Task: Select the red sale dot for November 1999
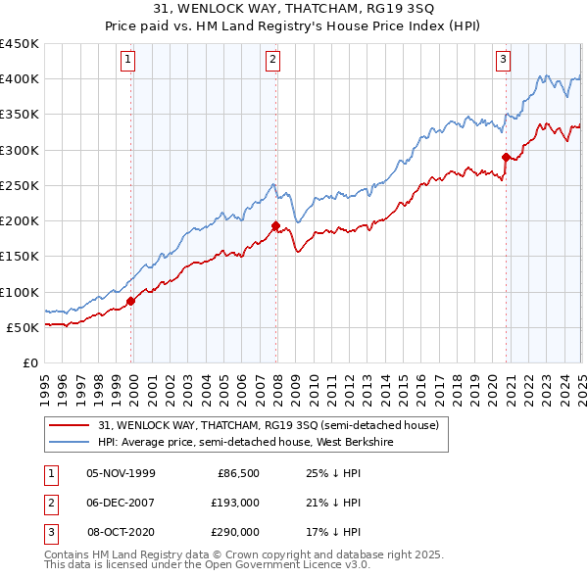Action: pyautogui.click(x=131, y=301)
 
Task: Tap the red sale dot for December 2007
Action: pyautogui.click(x=275, y=225)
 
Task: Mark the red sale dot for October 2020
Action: pyautogui.click(x=506, y=157)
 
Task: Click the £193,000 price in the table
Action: pyautogui.click(x=235, y=503)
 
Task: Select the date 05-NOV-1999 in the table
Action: pyautogui.click(x=121, y=473)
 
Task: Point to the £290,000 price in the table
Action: pyautogui.click(x=235, y=532)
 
